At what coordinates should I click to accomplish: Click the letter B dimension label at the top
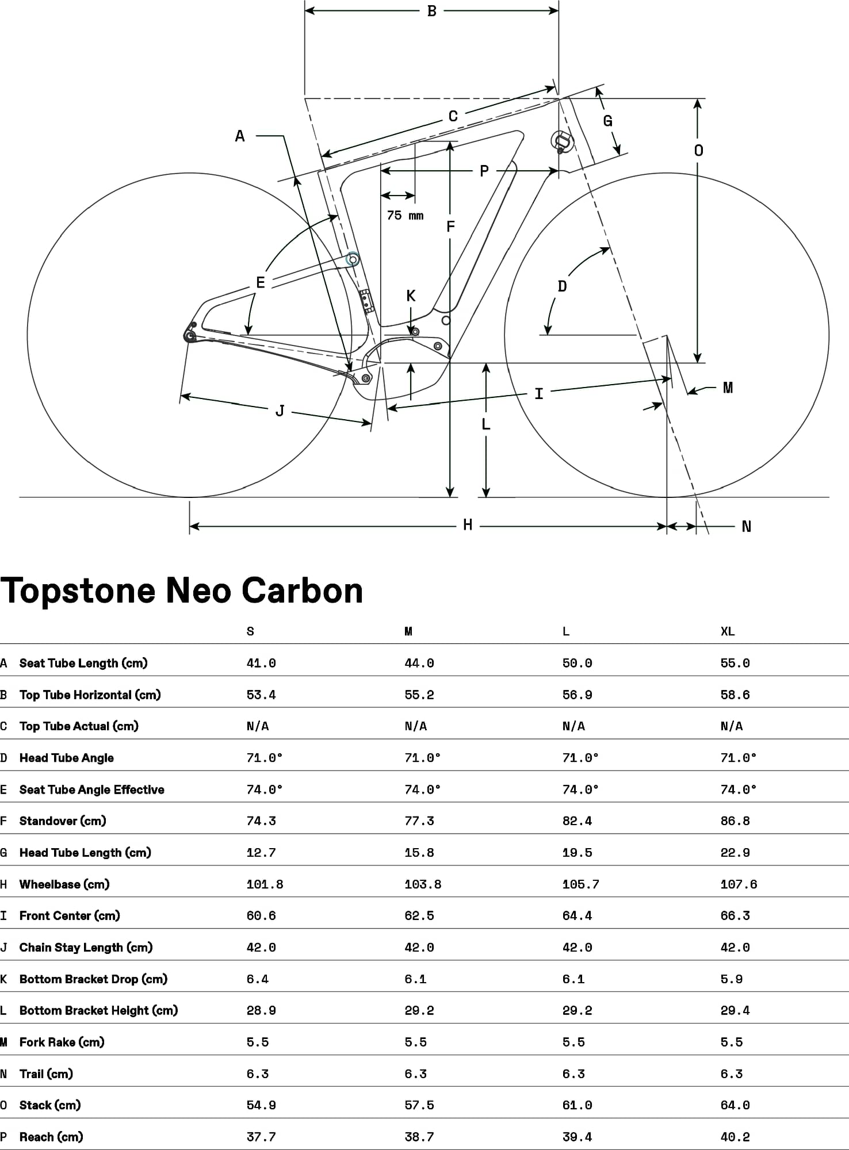click(x=431, y=11)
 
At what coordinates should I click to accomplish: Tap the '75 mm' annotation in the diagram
click(x=405, y=216)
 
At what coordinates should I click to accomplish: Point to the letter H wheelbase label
click(x=468, y=525)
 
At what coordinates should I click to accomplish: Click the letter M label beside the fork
click(x=728, y=388)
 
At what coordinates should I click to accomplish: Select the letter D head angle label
click(x=562, y=286)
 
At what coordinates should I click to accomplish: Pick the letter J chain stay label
click(x=280, y=411)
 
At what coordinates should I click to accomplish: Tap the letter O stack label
click(x=698, y=151)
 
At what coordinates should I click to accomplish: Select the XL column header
click(x=728, y=631)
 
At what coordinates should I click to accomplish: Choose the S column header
click(x=250, y=631)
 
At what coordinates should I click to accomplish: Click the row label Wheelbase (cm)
click(x=64, y=884)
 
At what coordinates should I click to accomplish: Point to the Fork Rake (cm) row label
click(x=62, y=1042)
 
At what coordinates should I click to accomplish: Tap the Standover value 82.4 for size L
click(x=577, y=821)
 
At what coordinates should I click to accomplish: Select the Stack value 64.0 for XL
click(x=735, y=1105)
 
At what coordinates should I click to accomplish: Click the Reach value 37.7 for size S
click(x=261, y=1137)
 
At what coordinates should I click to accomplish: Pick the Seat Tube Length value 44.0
click(x=419, y=663)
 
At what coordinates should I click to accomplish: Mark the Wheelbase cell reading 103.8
click(x=423, y=884)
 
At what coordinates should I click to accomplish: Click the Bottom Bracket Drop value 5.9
click(x=731, y=979)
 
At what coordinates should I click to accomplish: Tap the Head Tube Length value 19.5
click(x=577, y=853)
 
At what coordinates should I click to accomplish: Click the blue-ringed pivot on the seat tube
click(x=353, y=260)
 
